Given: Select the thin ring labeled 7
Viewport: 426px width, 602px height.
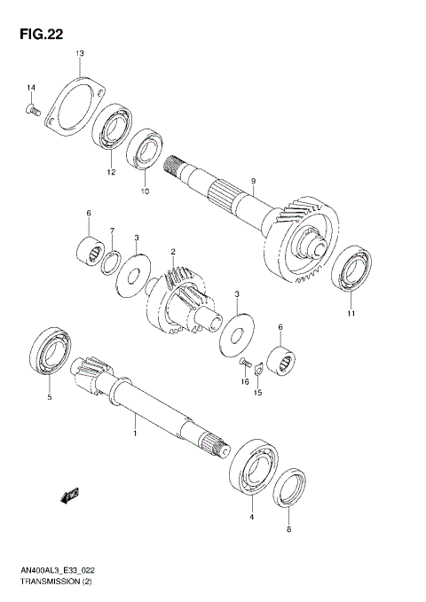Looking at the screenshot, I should tap(112, 262).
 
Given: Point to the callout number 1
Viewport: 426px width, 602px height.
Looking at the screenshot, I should tap(134, 434).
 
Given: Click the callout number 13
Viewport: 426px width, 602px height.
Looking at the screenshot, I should tap(79, 54).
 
